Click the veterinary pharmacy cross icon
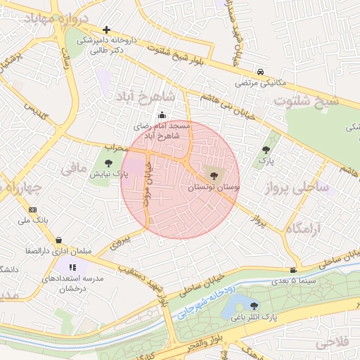click(105, 30)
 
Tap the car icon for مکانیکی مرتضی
click(260, 72)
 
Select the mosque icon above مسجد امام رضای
click(162, 115)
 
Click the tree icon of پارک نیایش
click(107, 163)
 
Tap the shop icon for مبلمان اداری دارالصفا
click(58, 240)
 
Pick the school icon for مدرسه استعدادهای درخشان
click(72, 266)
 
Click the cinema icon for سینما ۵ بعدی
click(292, 270)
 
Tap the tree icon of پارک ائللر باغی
click(253, 306)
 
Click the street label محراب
click(117, 148)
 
